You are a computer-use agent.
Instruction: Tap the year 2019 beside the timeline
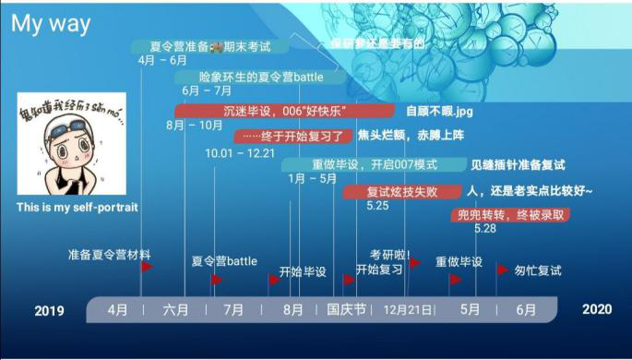click(49, 310)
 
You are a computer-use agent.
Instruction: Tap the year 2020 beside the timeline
click(596, 309)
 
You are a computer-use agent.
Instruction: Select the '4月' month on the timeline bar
click(118, 310)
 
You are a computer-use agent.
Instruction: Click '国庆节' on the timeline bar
click(347, 310)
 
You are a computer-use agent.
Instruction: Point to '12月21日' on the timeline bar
click(407, 310)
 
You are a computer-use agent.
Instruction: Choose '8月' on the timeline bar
click(292, 310)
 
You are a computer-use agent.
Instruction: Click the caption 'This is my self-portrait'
click(77, 208)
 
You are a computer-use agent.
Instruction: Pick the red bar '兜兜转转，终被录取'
click(511, 215)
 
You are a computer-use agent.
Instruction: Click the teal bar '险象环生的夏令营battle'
click(261, 78)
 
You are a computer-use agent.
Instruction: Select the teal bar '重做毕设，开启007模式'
click(374, 164)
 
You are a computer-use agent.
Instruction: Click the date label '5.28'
click(485, 228)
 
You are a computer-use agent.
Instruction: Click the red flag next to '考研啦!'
click(415, 263)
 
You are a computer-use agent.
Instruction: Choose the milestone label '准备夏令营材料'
click(109, 254)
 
